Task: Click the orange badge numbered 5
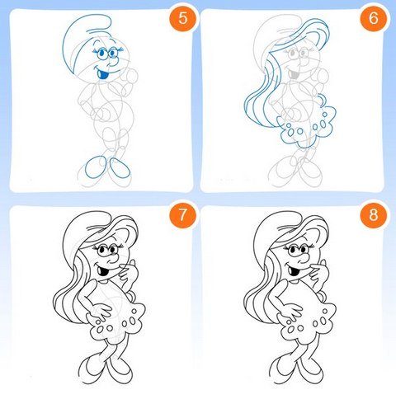click(183, 18)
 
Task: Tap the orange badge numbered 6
click(374, 18)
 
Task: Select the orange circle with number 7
click(183, 215)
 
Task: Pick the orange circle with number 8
click(374, 214)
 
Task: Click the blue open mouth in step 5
click(103, 74)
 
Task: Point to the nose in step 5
click(112, 63)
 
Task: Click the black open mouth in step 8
click(295, 271)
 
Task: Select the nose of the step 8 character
click(304, 258)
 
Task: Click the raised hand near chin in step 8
click(318, 272)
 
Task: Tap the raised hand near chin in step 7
click(128, 272)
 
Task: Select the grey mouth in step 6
click(294, 75)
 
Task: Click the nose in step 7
click(113, 258)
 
